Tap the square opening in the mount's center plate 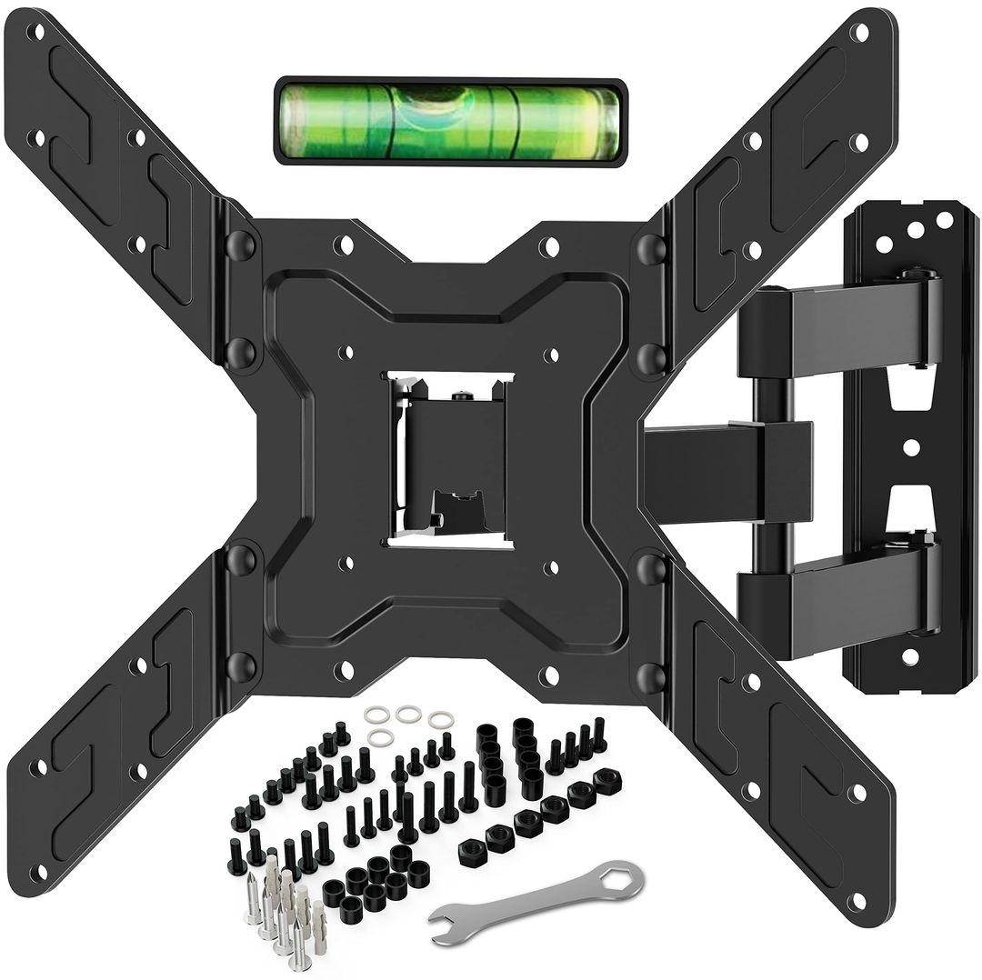click(451, 459)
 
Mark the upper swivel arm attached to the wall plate click(837, 328)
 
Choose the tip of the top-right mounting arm click(859, 33)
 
